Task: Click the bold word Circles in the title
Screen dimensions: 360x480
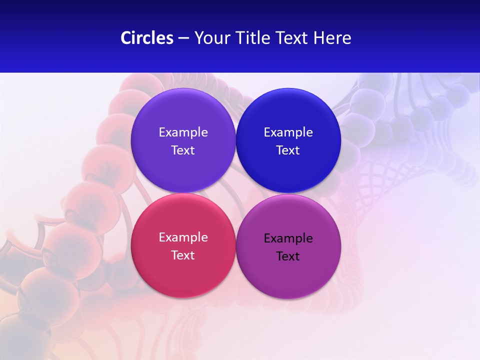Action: coord(146,38)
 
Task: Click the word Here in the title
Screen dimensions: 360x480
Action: coord(332,38)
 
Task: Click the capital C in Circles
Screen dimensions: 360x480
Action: coord(125,38)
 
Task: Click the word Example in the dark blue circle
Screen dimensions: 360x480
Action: coord(288,132)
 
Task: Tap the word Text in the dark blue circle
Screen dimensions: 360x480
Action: coord(288,150)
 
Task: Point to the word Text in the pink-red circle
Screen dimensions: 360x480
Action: coord(183,255)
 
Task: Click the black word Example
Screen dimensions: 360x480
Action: coord(288,239)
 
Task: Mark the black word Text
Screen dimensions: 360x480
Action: coord(288,256)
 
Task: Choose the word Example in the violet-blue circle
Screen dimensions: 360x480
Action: coord(183,132)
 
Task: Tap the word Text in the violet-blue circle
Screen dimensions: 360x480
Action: coord(183,150)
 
